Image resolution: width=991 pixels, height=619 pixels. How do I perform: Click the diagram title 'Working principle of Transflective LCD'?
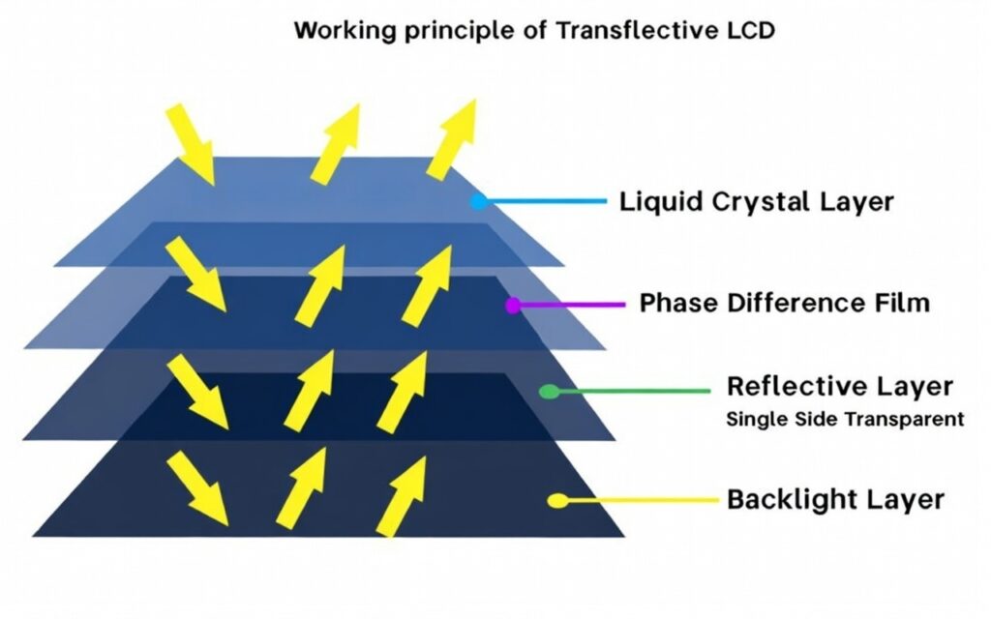(534, 30)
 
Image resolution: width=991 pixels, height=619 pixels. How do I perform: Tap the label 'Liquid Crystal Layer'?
(756, 202)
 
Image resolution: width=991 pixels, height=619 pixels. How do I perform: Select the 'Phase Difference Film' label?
(784, 303)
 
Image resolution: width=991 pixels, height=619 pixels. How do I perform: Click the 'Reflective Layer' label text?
(839, 386)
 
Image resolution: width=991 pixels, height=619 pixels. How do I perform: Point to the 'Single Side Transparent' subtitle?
(845, 419)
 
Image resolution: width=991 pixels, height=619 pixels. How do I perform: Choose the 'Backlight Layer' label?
(834, 500)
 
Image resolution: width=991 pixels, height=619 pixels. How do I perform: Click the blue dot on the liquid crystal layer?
(477, 202)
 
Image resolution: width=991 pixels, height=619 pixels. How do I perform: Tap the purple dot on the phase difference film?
(513, 305)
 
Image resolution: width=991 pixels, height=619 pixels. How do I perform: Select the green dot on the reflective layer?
(549, 392)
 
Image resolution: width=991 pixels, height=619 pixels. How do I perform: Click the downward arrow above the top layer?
(190, 144)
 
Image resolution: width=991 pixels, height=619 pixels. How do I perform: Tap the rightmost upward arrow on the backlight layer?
(401, 500)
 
